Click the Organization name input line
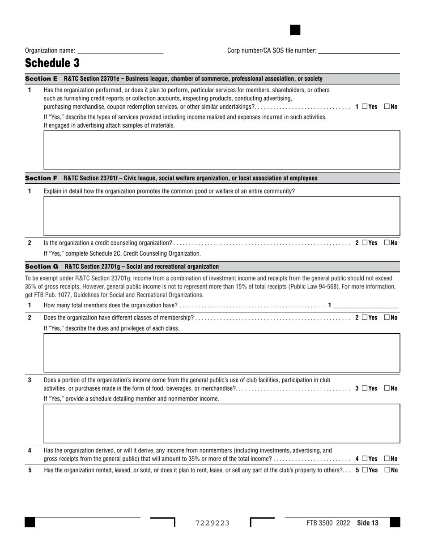(120, 51)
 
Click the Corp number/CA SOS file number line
(358, 51)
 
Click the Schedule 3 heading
(52, 63)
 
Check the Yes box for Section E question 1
(365, 107)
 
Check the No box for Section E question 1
(387, 107)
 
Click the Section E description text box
(221, 150)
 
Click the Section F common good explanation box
(221, 215)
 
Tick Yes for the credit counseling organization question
(365, 243)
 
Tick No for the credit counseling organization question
(387, 243)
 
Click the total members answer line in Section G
(365, 306)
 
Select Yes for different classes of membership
(365, 318)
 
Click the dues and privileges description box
(221, 353)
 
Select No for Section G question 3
(387, 388)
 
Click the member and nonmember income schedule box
(221, 423)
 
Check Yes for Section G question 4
(365, 459)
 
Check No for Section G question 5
(387, 470)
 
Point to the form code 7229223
(212, 523)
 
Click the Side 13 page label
(368, 523)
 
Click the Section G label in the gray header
(42, 267)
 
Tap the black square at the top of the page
(295, 30)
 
